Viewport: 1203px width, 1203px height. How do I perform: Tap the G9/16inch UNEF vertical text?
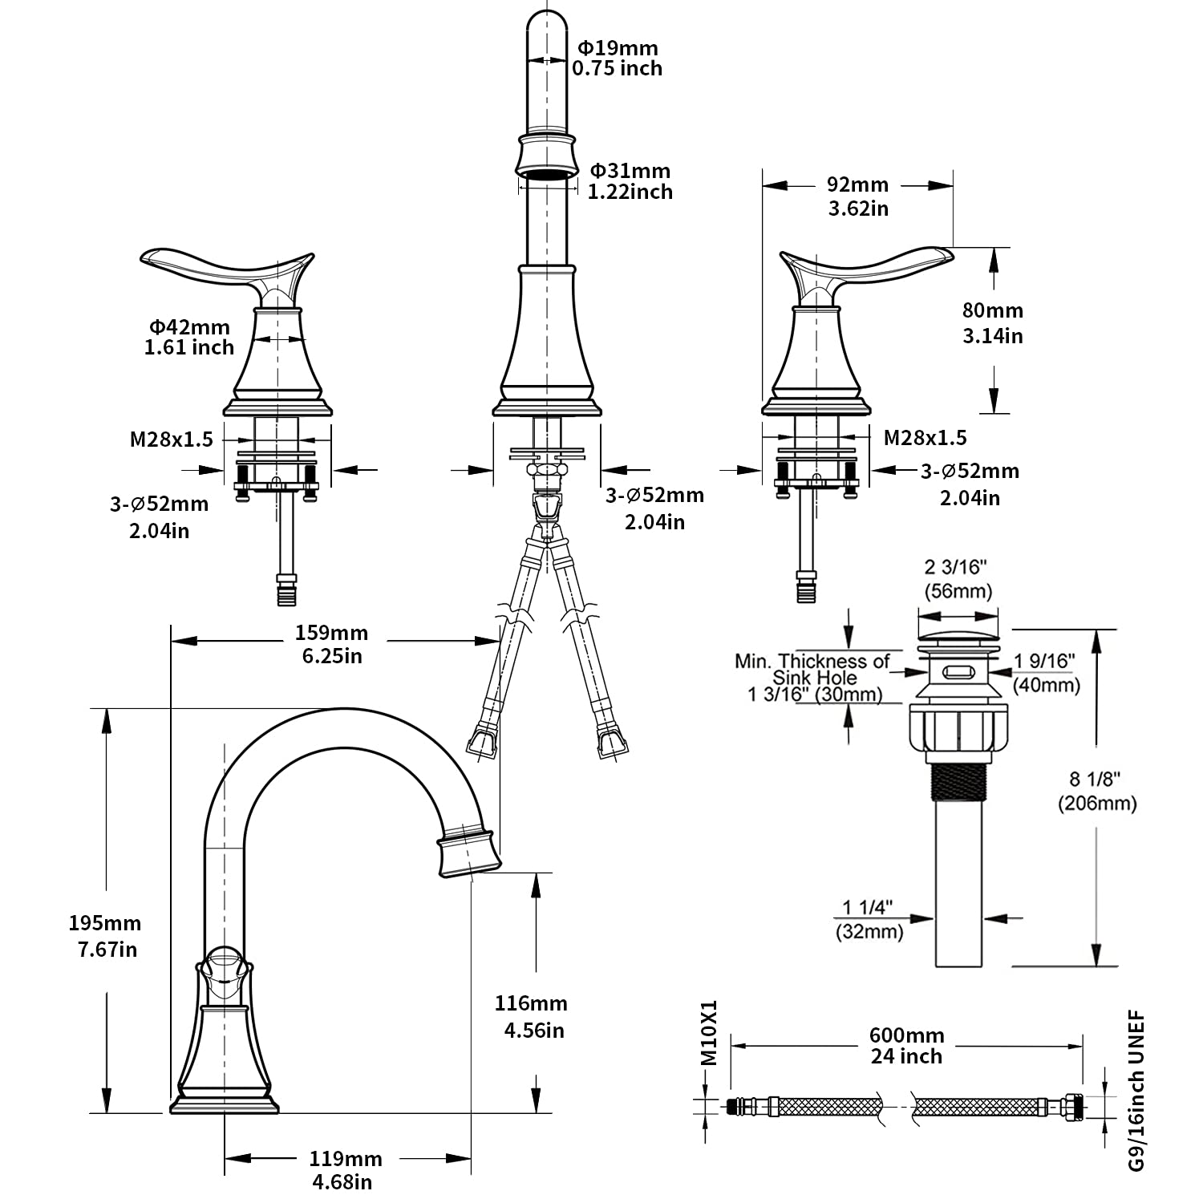[x=1136, y=1102]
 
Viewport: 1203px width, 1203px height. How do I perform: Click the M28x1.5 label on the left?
[x=172, y=439]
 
